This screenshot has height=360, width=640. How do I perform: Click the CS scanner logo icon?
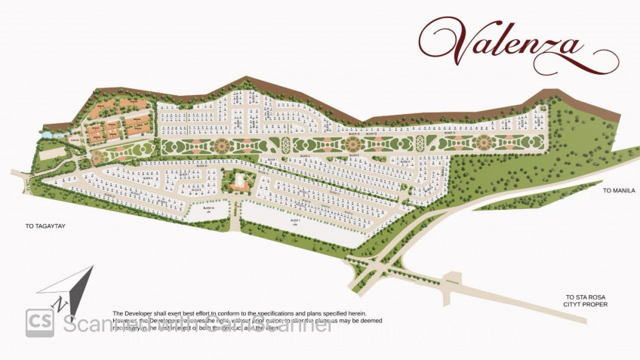[x=39, y=322]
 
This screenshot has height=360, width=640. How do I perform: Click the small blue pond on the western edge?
[x=45, y=134]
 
